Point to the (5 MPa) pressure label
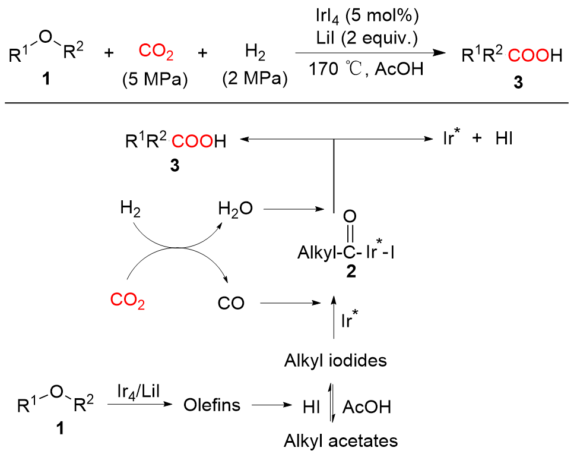[156, 79]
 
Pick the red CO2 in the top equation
[156, 52]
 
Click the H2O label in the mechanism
[235, 209]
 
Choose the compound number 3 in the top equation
[518, 84]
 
